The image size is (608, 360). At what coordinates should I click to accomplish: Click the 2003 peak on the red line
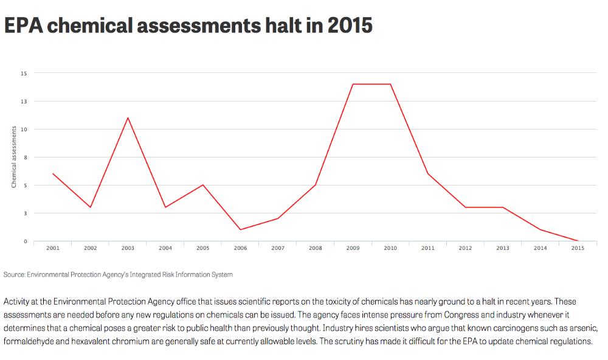pyautogui.click(x=128, y=117)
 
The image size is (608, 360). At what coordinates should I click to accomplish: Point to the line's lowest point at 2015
pyautogui.click(x=578, y=241)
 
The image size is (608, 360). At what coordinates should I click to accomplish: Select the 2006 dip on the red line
pyautogui.click(x=240, y=230)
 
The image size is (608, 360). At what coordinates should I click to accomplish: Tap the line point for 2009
pyautogui.click(x=353, y=84)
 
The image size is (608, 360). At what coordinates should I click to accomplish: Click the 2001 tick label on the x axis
pyautogui.click(x=53, y=248)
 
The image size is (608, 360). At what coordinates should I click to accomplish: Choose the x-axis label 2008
pyautogui.click(x=315, y=248)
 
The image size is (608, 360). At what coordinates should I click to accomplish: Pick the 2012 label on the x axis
pyautogui.click(x=465, y=248)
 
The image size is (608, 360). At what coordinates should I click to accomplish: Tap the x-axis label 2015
pyautogui.click(x=578, y=248)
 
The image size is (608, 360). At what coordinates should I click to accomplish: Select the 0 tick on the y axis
pyautogui.click(x=26, y=241)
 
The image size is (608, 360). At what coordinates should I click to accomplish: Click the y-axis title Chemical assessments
pyautogui.click(x=13, y=157)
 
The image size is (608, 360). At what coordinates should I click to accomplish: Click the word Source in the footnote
pyautogui.click(x=14, y=275)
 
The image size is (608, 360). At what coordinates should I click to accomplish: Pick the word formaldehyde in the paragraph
pyautogui.click(x=31, y=342)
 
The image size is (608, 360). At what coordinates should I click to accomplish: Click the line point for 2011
pyautogui.click(x=427, y=174)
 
